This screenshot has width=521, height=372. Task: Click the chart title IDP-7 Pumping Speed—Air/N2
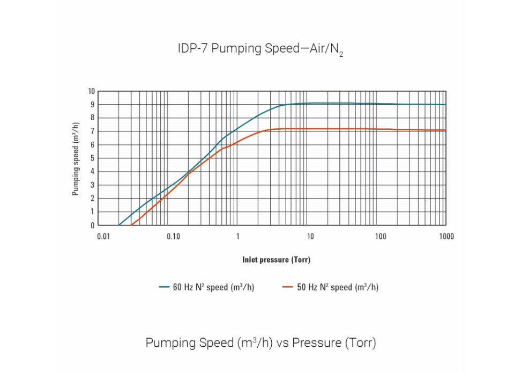[x=260, y=49]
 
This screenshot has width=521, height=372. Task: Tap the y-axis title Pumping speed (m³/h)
[x=76, y=158]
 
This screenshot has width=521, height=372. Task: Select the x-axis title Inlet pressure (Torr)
[x=276, y=260]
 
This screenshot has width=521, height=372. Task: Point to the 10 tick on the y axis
[x=92, y=91]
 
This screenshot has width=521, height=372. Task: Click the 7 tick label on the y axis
[x=92, y=132]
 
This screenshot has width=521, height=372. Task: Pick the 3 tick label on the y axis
[x=92, y=185]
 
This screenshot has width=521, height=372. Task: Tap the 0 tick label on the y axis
[x=92, y=225]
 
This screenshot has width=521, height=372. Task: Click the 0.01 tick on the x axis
[x=103, y=237]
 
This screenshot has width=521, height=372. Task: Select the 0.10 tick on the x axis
[x=173, y=237]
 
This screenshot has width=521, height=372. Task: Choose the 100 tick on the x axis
[x=380, y=237]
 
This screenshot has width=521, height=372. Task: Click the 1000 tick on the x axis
[x=446, y=237]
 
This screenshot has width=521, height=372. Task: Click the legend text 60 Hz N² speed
[x=213, y=288]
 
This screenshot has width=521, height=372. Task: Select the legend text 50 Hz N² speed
[x=337, y=288]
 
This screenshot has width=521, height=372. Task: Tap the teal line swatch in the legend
[x=164, y=288]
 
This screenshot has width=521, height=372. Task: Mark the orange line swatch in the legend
[x=288, y=288]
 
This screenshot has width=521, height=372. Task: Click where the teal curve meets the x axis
[x=119, y=225]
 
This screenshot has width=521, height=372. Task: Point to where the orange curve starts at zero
[x=132, y=225]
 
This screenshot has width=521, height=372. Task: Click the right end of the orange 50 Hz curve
[x=445, y=130]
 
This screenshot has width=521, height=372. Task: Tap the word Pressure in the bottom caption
[x=316, y=343]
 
